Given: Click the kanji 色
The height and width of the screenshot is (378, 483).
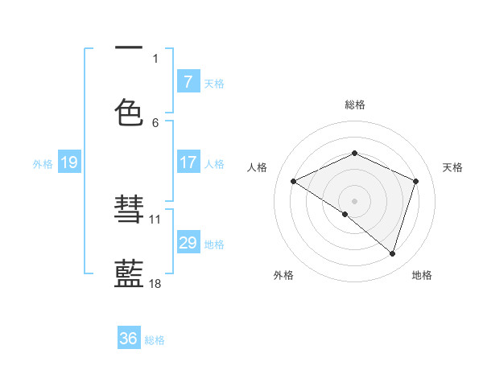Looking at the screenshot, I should point(129,113).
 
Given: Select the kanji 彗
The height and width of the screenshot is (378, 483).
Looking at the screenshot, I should point(129,212).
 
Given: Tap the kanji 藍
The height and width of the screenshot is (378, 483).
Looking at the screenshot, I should point(129,273).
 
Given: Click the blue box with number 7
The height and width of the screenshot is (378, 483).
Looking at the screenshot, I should point(188,81).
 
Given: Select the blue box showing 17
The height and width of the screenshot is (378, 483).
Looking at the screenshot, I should point(188,162).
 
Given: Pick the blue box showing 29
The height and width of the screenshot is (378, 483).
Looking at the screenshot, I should point(188,242).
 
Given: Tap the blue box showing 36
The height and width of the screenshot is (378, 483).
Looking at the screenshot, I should point(129,339).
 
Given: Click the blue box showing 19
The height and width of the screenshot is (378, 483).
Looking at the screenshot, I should point(68,162).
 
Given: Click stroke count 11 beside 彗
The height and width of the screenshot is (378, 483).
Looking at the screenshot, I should point(155,219).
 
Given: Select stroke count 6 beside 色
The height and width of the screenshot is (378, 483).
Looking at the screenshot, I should point(155,122).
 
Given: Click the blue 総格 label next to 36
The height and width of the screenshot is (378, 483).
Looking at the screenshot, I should point(155,340).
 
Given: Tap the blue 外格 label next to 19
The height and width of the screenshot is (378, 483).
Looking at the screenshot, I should point(43,163).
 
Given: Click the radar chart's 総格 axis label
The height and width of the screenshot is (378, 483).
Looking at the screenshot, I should point(355,105).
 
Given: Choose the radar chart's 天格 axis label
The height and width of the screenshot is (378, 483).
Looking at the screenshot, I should point(452,167).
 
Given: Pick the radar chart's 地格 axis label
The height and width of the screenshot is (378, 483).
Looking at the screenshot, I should point(422,275).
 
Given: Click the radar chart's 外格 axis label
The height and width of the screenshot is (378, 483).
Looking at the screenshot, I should point(283,275).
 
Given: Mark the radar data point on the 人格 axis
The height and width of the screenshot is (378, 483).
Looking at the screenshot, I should point(294,182).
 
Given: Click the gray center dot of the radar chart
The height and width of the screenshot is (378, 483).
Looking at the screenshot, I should point(354,200).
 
